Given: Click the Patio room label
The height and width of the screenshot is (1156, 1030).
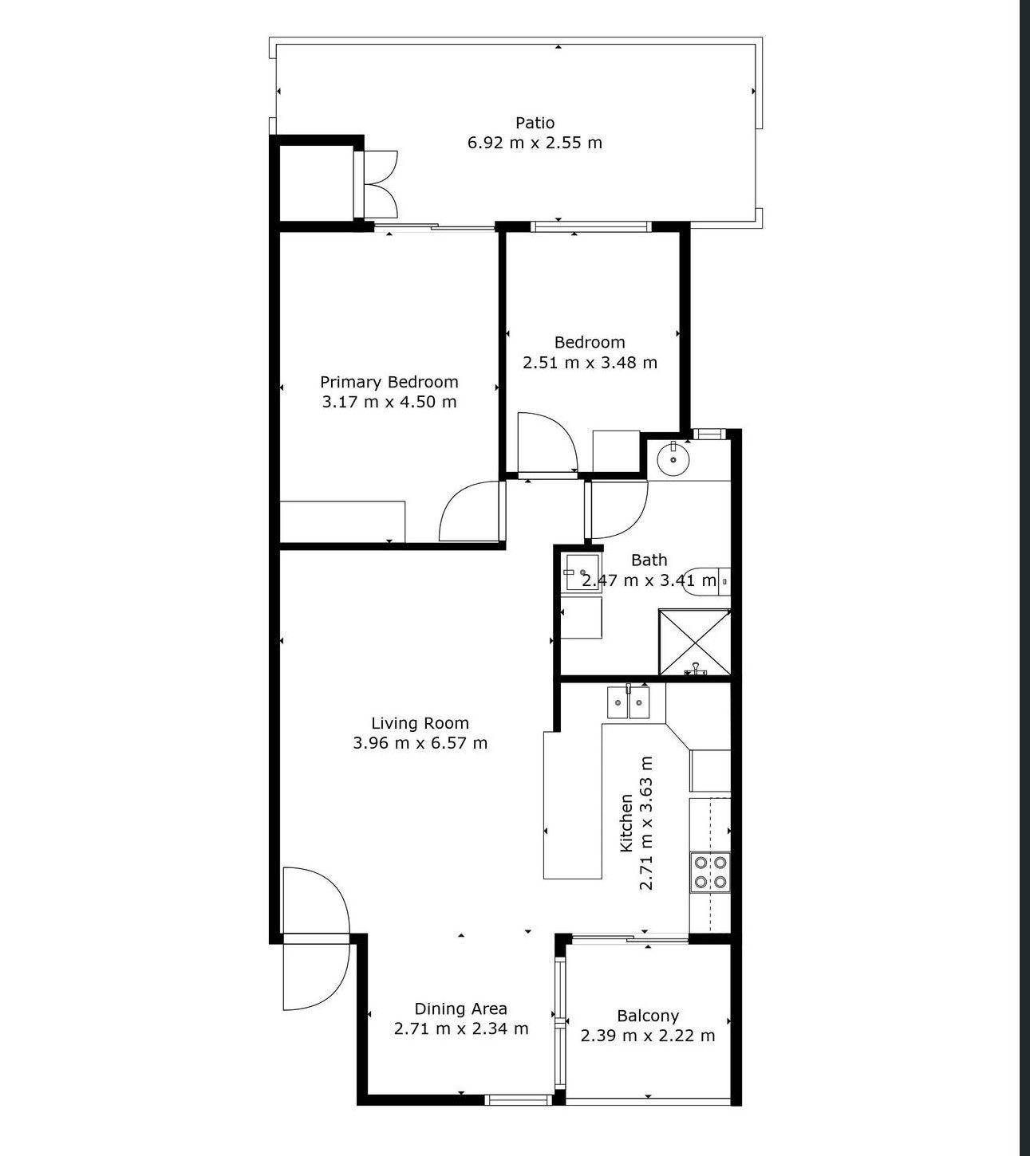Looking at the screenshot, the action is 535,123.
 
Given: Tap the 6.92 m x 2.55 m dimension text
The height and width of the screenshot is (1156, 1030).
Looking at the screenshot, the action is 535,143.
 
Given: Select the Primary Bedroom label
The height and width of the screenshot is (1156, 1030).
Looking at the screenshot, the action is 389,383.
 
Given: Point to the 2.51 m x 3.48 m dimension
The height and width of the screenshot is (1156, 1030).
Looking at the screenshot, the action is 590,362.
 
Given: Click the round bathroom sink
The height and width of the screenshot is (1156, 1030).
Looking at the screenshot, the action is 673,458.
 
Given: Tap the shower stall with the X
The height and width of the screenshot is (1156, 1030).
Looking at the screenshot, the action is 694,643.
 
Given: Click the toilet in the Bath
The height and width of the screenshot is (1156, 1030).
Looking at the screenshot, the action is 707,581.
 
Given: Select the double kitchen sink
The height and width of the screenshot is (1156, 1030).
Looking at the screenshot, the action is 628,702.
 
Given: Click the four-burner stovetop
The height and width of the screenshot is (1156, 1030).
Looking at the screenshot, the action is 710,872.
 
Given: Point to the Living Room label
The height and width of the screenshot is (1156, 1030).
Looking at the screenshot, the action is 420,723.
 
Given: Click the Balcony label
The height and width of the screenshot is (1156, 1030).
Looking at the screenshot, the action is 648,1016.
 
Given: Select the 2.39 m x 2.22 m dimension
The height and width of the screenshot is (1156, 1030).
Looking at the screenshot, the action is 648,1036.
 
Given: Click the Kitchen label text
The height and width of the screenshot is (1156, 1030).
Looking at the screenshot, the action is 626,824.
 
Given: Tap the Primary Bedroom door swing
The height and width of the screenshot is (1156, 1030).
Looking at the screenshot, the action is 470,511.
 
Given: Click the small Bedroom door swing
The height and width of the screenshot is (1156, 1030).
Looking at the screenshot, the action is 547,442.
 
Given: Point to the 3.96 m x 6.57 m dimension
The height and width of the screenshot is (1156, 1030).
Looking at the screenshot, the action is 420,743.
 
